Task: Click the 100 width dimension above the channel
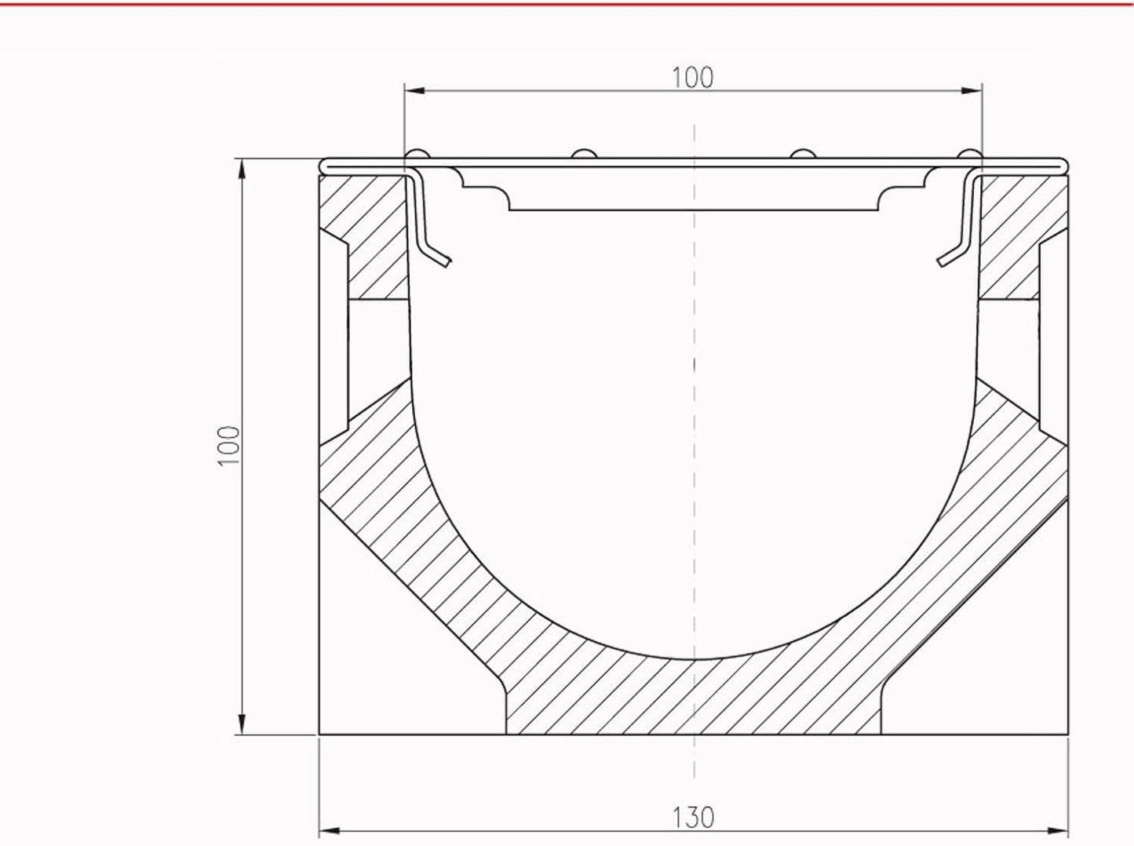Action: pyautogui.click(x=693, y=78)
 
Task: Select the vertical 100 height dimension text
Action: pyautogui.click(x=229, y=446)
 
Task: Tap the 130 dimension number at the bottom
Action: pyautogui.click(x=693, y=818)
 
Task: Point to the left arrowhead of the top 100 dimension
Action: pyautogui.click(x=415, y=91)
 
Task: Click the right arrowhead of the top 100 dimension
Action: pyautogui.click(x=972, y=91)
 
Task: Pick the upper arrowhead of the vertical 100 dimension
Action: pyautogui.click(x=241, y=169)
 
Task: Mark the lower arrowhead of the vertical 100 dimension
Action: pyautogui.click(x=241, y=724)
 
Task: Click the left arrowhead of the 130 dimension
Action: pyautogui.click(x=330, y=831)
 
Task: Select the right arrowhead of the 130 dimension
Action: pyautogui.click(x=1058, y=831)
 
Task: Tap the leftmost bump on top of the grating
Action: pyautogui.click(x=417, y=154)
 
